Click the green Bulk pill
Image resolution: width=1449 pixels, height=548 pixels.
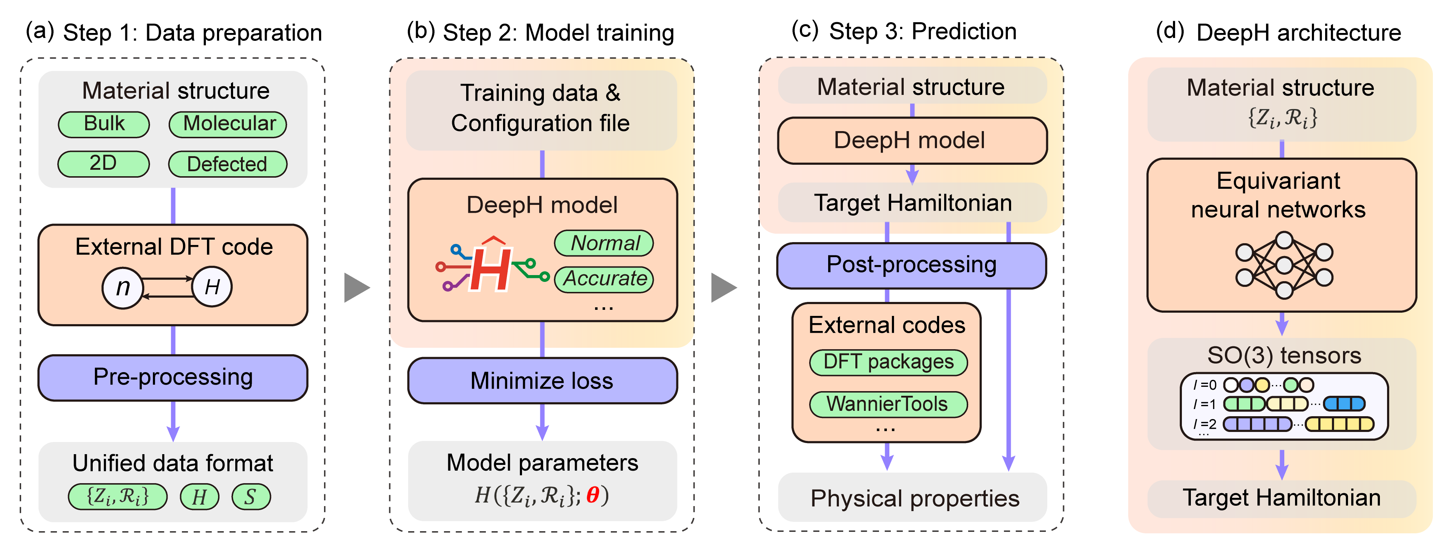pyautogui.click(x=104, y=124)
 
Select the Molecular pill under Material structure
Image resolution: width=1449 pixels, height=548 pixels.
pyautogui.click(x=228, y=124)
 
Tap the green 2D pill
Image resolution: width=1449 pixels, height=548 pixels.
pyautogui.click(x=103, y=164)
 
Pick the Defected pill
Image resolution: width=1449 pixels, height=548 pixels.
pyautogui.click(x=228, y=164)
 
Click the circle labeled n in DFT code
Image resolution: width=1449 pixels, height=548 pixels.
pyautogui.click(x=122, y=288)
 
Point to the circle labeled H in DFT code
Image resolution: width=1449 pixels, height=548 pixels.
pyautogui.click(x=212, y=287)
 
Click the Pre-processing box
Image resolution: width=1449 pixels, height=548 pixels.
pyautogui.click(x=173, y=377)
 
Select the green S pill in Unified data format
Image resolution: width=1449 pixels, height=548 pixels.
pyautogui.click(x=251, y=497)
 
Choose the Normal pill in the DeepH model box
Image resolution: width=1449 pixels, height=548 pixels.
pyautogui.click(x=604, y=243)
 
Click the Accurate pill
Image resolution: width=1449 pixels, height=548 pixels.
pyautogui.click(x=604, y=279)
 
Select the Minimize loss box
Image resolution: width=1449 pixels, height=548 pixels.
pyautogui.click(x=542, y=381)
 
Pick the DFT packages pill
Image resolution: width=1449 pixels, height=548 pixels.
pyautogui.click(x=888, y=362)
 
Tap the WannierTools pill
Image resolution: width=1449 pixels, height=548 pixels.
pyautogui.click(x=888, y=404)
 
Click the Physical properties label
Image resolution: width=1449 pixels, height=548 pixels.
pyautogui.click(x=915, y=499)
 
